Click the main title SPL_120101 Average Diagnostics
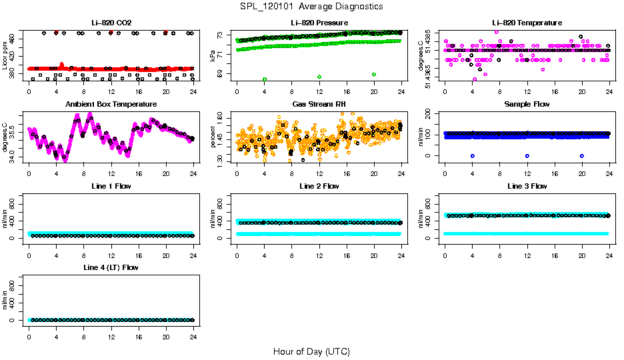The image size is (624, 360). (311, 6)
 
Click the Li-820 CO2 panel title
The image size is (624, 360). (111, 23)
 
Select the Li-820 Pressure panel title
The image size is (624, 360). (319, 23)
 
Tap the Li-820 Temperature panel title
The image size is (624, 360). (527, 23)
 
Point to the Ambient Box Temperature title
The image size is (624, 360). (111, 105)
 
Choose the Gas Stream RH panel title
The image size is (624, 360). (319, 105)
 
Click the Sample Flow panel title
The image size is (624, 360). (527, 105)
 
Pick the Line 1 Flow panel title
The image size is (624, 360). (111, 186)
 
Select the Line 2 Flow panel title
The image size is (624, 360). (319, 186)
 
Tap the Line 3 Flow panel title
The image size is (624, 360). (527, 186)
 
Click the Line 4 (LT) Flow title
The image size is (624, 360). (111, 267)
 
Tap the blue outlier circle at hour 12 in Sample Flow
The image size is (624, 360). (527, 155)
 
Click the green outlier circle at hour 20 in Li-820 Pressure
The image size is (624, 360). (374, 75)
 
